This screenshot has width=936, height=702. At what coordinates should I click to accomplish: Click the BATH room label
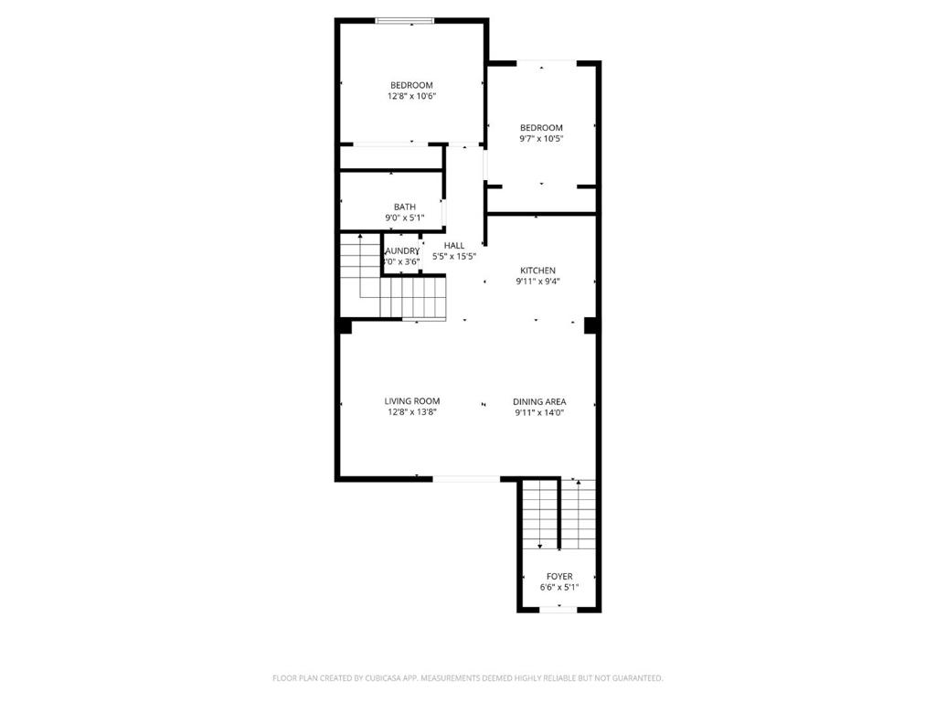(x=405, y=207)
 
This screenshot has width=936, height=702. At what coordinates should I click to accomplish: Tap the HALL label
(x=454, y=245)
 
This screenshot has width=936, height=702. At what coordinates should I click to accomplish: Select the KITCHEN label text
(x=537, y=271)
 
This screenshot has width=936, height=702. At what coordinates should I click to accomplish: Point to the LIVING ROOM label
(x=411, y=401)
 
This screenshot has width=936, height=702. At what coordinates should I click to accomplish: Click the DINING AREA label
(x=539, y=401)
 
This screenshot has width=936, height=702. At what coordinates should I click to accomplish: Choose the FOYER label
(x=559, y=577)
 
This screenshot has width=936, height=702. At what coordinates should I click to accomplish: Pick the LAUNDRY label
(x=402, y=250)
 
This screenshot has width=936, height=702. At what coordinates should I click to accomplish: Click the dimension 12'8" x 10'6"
(x=411, y=96)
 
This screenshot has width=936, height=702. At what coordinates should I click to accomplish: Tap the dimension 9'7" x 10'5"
(x=541, y=139)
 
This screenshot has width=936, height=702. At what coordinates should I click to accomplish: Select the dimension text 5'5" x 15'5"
(x=454, y=257)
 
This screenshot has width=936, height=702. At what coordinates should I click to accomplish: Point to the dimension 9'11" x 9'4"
(x=537, y=282)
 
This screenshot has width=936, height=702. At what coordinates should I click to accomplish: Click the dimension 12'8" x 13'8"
(x=411, y=412)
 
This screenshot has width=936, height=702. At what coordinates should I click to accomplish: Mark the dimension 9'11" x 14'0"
(x=539, y=412)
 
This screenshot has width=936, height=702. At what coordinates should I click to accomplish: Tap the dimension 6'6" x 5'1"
(x=559, y=588)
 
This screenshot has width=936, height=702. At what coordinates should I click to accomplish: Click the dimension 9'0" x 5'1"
(x=405, y=218)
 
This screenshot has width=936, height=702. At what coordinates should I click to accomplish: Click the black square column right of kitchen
(x=590, y=324)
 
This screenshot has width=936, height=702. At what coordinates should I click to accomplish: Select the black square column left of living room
(x=345, y=325)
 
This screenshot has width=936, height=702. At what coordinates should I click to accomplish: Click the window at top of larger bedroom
(x=405, y=21)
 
